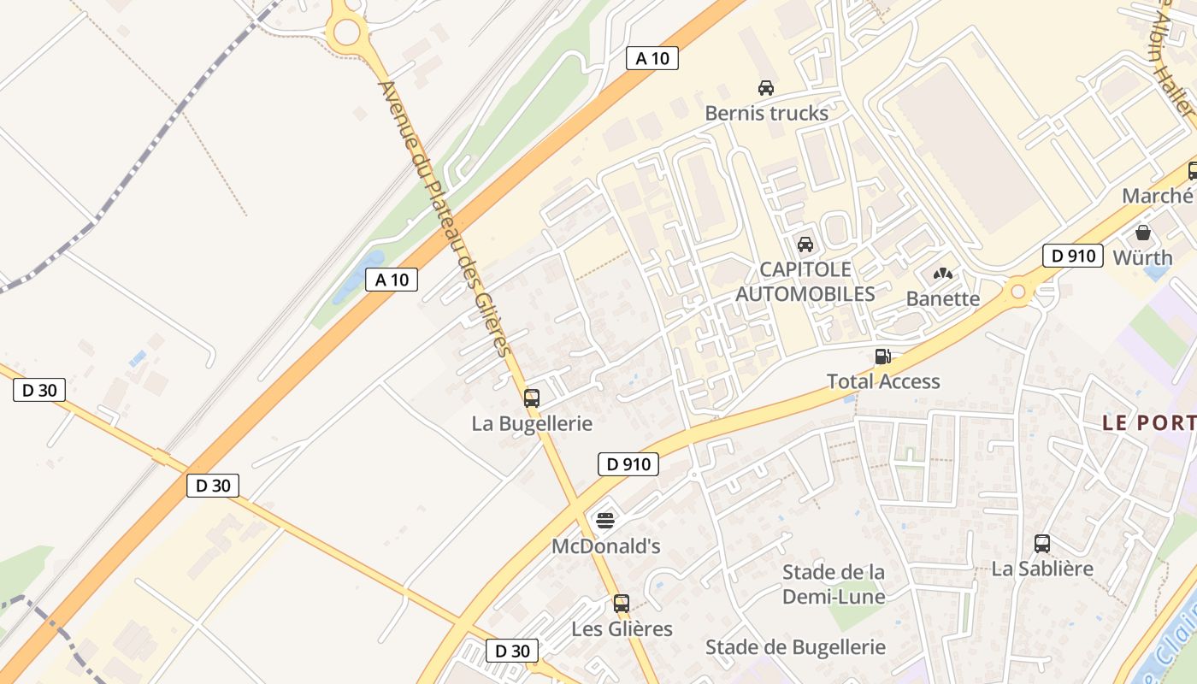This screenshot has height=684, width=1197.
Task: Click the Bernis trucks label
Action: [x=766, y=113]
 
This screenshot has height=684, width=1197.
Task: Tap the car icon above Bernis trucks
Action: [x=766, y=87]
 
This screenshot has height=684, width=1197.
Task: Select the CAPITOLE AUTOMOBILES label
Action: [x=805, y=282]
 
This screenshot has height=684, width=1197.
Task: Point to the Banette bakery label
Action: [x=942, y=298]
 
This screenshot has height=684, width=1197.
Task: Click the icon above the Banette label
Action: [x=942, y=274]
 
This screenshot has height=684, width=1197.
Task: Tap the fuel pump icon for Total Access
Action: [x=882, y=357]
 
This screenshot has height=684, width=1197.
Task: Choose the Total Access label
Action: [x=882, y=381]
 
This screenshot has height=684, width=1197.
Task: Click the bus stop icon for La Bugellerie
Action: [x=532, y=398]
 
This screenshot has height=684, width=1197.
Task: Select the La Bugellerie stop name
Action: [x=532, y=423]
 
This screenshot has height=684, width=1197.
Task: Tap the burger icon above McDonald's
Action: [x=605, y=521]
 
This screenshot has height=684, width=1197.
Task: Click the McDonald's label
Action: [x=605, y=546]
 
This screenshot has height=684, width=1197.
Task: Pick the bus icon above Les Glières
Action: [x=622, y=604]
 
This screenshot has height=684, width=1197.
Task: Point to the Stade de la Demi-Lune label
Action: [x=834, y=584]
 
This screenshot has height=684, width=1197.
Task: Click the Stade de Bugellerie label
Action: [x=795, y=647]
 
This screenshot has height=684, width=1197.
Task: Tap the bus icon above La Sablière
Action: [x=1042, y=543]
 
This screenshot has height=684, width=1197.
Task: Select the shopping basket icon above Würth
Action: [x=1143, y=233]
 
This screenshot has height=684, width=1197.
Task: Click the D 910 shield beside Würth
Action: [x=1072, y=256]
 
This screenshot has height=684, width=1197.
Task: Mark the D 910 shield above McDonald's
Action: [x=628, y=465]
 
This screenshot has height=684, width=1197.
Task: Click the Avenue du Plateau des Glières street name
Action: [x=445, y=219]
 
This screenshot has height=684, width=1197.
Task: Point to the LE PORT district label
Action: [x=1148, y=422]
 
